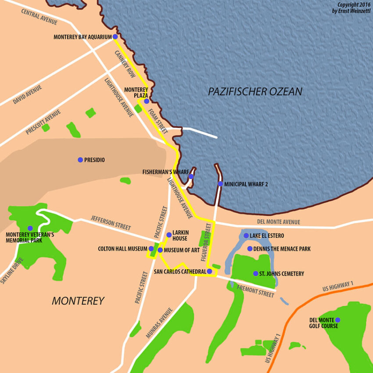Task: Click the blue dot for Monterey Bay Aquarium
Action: point(115,37)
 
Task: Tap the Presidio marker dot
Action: point(80,160)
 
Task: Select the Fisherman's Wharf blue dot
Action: point(191,176)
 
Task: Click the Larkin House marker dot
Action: point(169,235)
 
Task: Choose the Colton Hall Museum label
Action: point(123,249)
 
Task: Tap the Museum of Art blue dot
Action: point(160,250)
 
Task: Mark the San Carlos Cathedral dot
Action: point(209,272)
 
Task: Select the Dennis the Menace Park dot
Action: point(250,249)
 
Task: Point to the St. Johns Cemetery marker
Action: point(256,273)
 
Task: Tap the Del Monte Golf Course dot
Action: point(337,320)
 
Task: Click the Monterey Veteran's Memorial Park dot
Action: point(30,228)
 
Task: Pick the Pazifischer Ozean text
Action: point(255,92)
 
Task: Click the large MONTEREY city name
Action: point(78,301)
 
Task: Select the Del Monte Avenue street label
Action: point(279,222)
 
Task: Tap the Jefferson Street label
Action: point(111,222)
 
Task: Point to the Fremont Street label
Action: point(255,291)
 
